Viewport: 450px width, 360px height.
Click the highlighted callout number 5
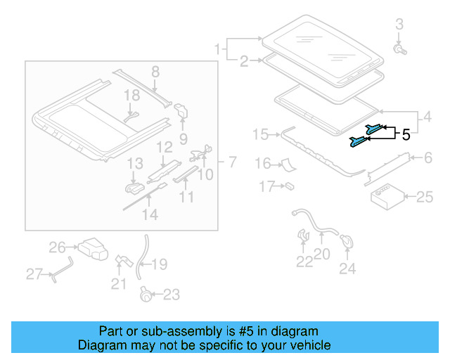point(406,134)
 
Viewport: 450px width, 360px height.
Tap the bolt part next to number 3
point(399,50)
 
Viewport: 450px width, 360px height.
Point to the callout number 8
point(155,71)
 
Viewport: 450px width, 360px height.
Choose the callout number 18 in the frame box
point(133,95)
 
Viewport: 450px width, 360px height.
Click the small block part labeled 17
point(289,186)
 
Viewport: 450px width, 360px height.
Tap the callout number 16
point(262,164)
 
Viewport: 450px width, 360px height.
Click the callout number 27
point(34,274)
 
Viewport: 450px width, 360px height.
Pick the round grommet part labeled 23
point(146,294)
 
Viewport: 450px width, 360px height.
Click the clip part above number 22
point(303,234)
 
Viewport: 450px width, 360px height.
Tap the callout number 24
point(347,268)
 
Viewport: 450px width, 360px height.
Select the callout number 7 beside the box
point(231,162)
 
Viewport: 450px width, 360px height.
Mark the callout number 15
point(260,134)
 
